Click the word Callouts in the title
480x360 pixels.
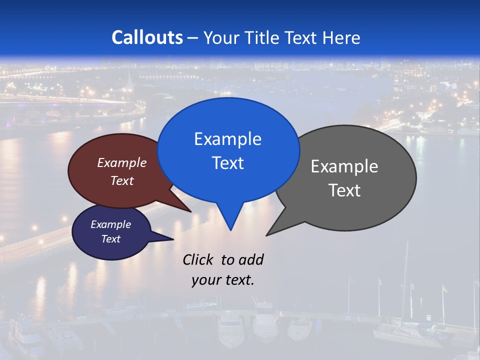(147, 37)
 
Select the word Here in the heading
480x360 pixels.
(341, 38)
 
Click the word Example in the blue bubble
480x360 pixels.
(227, 139)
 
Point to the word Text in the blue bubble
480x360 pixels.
(227, 163)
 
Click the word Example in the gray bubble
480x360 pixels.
(344, 166)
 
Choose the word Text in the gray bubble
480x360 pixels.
(344, 190)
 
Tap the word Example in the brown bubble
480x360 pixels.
(122, 163)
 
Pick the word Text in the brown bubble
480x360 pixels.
(122, 180)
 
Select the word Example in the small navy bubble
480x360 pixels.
(111, 224)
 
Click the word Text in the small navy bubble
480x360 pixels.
(111, 239)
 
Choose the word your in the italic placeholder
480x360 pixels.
(205, 280)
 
